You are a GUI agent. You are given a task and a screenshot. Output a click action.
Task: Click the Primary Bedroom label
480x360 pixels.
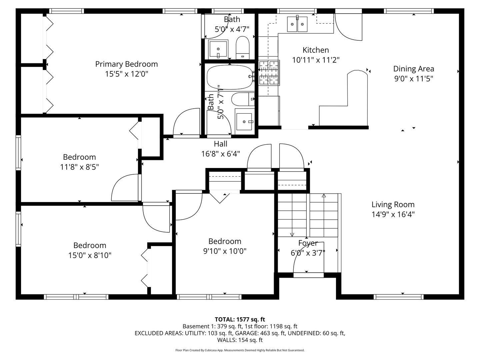[x=126, y=64]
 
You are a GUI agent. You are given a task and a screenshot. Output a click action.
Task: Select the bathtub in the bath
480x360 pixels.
[x=230, y=77]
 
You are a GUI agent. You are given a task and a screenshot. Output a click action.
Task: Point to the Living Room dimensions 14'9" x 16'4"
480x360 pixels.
[x=393, y=214]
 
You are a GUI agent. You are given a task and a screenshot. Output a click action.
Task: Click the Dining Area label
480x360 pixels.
[x=413, y=69]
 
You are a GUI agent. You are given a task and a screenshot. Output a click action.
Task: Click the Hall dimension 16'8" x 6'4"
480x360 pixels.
[x=220, y=154]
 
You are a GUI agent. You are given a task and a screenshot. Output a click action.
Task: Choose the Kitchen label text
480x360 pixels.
[x=316, y=50]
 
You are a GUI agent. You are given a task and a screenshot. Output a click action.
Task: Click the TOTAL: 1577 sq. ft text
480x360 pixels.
[x=240, y=319]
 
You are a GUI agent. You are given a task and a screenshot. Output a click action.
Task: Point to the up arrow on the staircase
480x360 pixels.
[x=324, y=196]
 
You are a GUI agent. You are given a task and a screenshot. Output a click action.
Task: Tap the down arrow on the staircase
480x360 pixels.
[x=292, y=234]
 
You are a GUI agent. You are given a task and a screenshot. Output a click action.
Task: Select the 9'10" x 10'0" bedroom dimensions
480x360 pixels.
[x=225, y=251]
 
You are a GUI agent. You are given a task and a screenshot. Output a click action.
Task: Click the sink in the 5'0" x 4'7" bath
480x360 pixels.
[x=218, y=49]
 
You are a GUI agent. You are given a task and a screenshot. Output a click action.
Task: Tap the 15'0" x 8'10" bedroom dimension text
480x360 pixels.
[x=90, y=255]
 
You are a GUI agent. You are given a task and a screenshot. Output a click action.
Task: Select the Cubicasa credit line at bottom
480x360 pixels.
[x=240, y=350]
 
